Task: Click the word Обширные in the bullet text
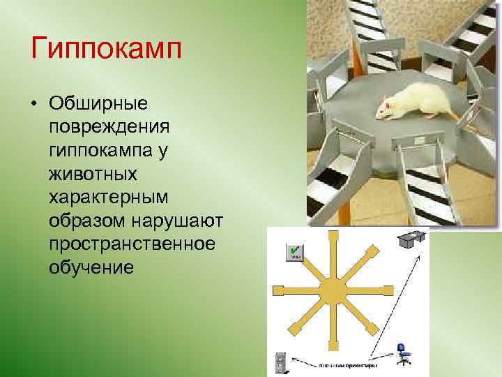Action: (98, 103)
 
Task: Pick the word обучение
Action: (91, 267)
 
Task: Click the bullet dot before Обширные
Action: (33, 104)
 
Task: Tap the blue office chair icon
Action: (402, 353)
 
